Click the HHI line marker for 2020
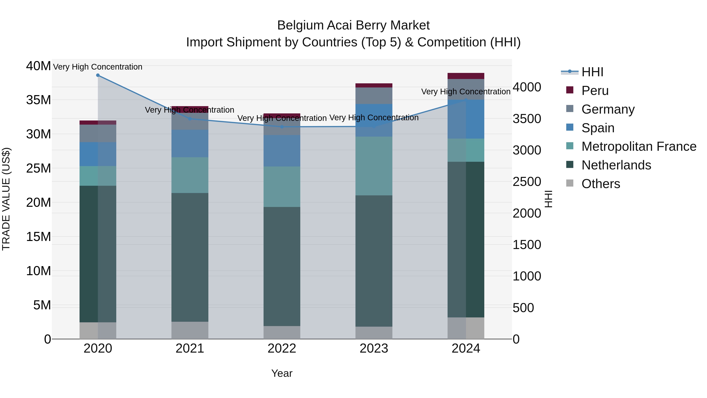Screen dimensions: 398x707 [98, 75]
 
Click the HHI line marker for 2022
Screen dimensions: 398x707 [282, 127]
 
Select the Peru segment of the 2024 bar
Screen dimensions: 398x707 [466, 76]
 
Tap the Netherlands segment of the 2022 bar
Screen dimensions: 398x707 [282, 267]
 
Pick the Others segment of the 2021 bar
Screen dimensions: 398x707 [190, 330]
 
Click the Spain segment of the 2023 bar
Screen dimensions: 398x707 [374, 120]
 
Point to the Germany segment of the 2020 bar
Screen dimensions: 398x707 [98, 133]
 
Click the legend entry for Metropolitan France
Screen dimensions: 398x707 [639, 146]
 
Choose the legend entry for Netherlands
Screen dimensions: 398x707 [616, 165]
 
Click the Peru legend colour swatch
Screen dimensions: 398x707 [570, 90]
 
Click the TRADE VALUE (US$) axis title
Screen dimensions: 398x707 [6, 199]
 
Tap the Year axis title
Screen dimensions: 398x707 [282, 373]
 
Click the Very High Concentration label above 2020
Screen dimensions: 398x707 [98, 67]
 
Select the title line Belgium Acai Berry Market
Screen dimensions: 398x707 [353, 25]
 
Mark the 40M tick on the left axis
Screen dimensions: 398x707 [38, 66]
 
